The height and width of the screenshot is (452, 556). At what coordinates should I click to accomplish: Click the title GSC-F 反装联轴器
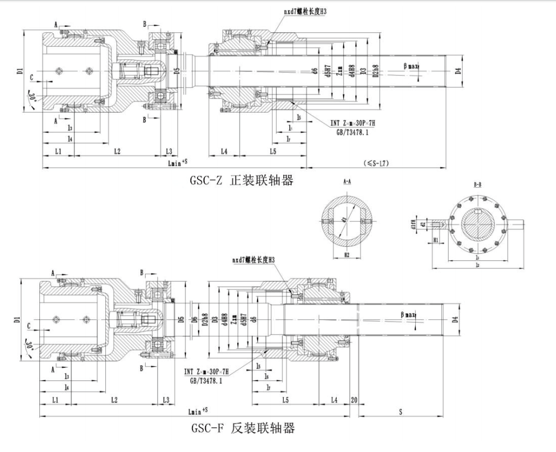(x=243, y=427)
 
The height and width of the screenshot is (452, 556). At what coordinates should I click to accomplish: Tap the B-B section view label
(x=477, y=185)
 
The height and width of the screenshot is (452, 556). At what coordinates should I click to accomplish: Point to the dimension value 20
(x=355, y=401)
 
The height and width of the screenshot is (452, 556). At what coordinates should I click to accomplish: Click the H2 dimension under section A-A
(x=346, y=255)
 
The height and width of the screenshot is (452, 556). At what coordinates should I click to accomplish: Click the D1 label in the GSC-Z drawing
(x=19, y=70)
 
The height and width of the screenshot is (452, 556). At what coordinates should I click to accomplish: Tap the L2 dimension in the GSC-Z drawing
(x=117, y=151)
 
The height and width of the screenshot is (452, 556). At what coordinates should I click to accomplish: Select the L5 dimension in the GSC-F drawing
(x=285, y=401)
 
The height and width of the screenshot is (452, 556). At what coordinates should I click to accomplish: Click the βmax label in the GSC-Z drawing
(x=411, y=66)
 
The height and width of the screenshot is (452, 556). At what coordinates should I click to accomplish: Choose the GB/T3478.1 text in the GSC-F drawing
(x=206, y=381)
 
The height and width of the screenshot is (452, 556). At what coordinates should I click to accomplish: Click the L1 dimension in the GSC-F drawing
(x=55, y=401)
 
